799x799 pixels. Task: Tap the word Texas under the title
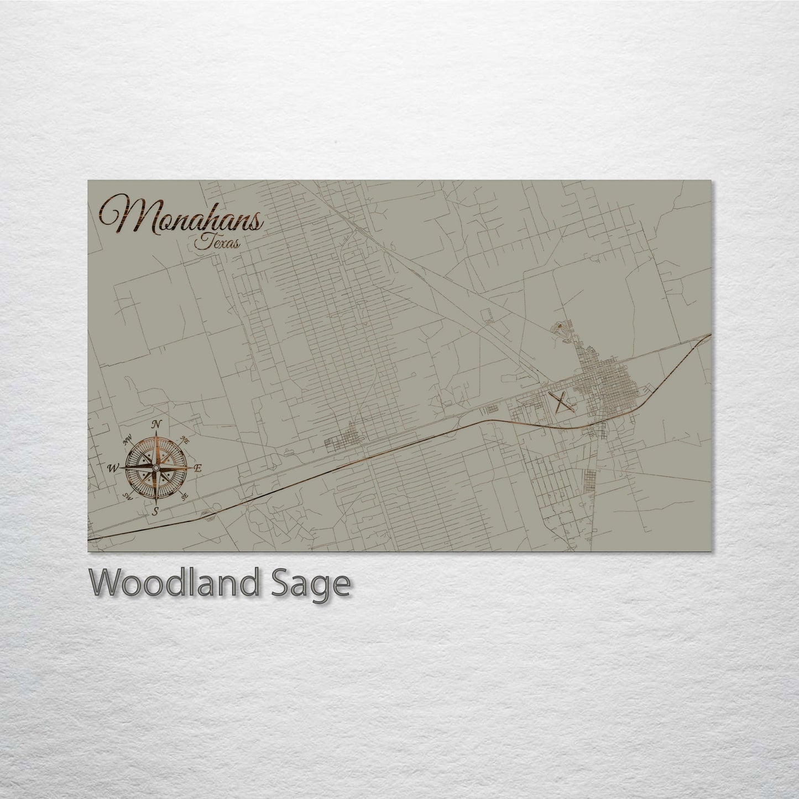click(x=217, y=243)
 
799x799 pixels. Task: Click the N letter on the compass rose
click(x=156, y=424)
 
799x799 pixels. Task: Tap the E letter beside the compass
click(x=199, y=468)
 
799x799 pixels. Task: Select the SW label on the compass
click(x=128, y=495)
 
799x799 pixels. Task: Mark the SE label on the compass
click(x=184, y=496)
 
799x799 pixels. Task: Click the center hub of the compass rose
click(x=156, y=468)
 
